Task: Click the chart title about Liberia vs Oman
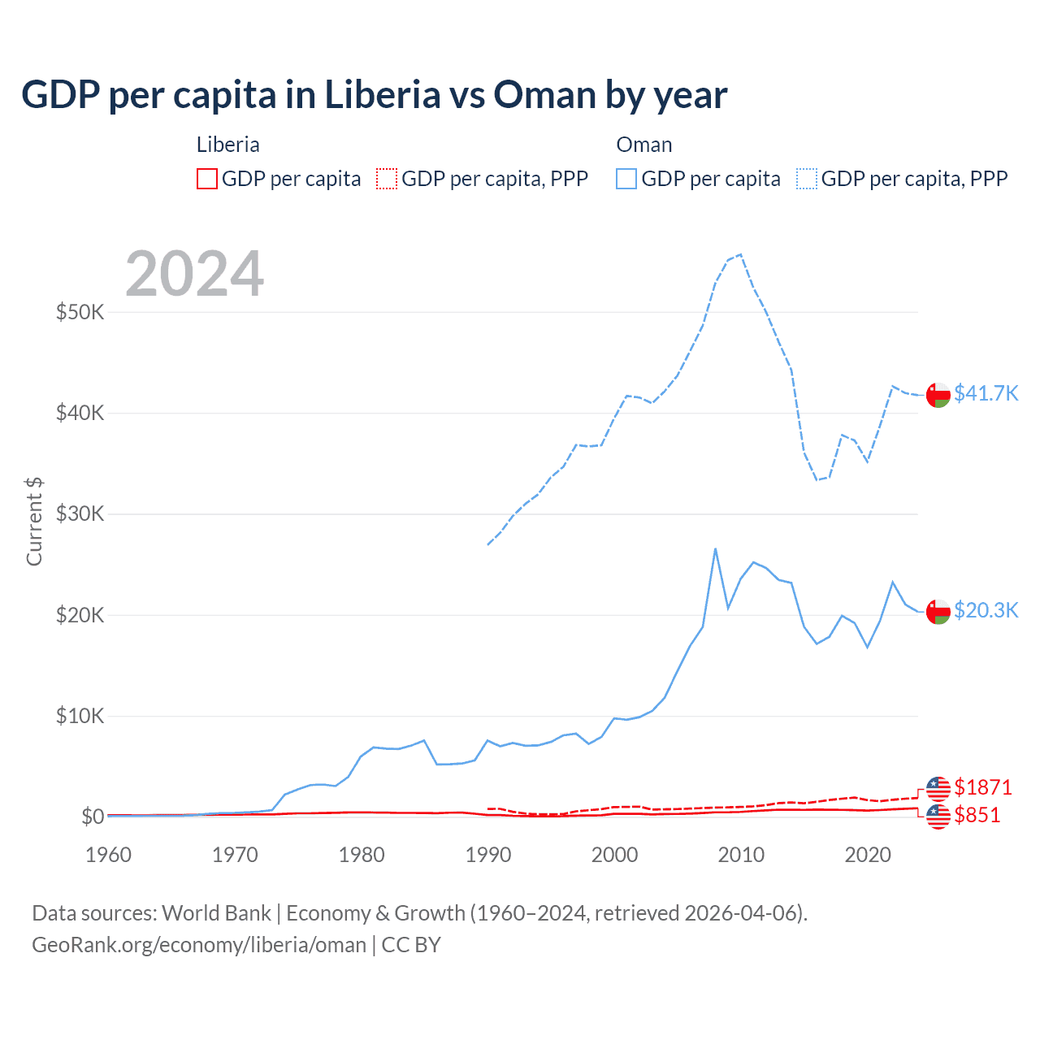(x=374, y=95)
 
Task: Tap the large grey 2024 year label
(x=194, y=274)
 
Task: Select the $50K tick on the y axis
(x=80, y=312)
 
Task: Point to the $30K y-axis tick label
(x=80, y=513)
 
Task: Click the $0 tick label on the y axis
(x=92, y=817)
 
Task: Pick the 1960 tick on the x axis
(x=108, y=855)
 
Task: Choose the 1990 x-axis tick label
(x=487, y=855)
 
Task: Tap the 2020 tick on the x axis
(x=868, y=855)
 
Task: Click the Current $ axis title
(x=34, y=522)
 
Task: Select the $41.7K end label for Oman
(x=986, y=393)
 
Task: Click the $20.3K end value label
(x=986, y=610)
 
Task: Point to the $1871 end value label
(x=982, y=787)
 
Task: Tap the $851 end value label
(x=977, y=815)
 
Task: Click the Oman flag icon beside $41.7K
(x=938, y=394)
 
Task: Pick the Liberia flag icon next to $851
(x=938, y=817)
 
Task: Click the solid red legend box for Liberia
(x=207, y=179)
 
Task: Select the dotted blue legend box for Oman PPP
(x=807, y=179)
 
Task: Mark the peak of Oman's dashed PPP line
(x=740, y=254)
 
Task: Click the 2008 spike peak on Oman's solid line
(x=715, y=548)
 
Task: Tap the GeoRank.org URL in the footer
(x=199, y=945)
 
